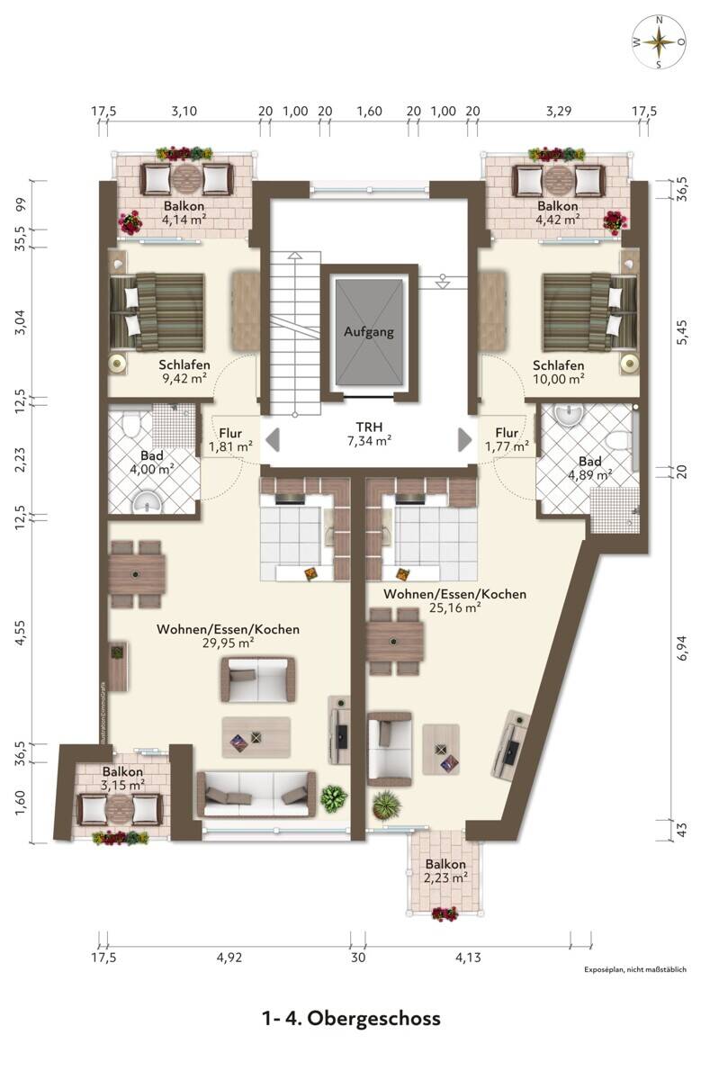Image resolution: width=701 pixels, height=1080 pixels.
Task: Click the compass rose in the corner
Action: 660,42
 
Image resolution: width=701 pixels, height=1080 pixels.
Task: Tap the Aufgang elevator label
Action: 369,332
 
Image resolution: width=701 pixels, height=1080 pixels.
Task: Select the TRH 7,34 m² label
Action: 369,434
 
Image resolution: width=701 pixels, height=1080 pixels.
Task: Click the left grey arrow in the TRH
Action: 273,440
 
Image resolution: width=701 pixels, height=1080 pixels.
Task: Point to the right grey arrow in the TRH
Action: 464,440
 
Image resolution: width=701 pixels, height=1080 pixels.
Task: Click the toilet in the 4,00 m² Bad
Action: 130,424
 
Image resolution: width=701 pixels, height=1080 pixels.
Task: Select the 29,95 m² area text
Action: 228,643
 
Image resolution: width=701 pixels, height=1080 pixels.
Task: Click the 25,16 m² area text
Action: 454,607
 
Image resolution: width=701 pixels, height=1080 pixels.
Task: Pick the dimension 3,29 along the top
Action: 559,112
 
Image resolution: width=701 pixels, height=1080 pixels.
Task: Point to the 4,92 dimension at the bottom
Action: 229,957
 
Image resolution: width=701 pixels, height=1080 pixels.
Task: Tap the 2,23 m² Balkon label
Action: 445,871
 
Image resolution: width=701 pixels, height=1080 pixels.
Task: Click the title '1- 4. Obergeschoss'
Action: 351,1018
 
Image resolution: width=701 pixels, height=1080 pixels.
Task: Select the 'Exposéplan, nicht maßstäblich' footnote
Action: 635,969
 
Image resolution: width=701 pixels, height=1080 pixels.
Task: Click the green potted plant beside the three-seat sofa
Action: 334,797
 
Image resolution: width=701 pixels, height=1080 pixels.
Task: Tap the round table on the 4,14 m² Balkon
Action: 186,178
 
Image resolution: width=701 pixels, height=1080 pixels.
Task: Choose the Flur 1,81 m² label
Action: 230,440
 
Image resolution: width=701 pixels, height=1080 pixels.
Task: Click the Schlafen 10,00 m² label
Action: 558,372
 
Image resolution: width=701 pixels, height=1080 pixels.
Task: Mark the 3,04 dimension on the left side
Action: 22,323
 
